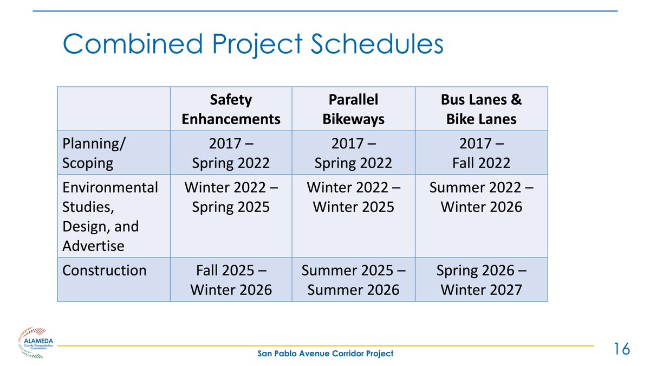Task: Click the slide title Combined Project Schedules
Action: pos(253,44)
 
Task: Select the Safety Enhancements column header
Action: pos(231,109)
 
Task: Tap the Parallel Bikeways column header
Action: pos(353,109)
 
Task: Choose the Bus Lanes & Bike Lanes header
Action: pos(482,109)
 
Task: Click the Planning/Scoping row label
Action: pos(94,153)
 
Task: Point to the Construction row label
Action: pos(105,271)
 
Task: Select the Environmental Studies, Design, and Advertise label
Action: pos(110,217)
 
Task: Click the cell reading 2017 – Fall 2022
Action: pos(482,153)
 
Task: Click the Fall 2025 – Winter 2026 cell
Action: pos(231,280)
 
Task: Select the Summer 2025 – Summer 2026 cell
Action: pos(353,280)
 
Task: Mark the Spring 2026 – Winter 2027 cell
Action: pos(482,280)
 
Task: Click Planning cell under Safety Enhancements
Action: pos(231,153)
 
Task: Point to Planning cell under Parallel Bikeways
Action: pos(353,153)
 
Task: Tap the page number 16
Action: pos(622,349)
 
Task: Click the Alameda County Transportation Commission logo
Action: pos(35,343)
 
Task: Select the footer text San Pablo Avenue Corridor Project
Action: pos(326,354)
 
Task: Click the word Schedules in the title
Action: pos(377,43)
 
